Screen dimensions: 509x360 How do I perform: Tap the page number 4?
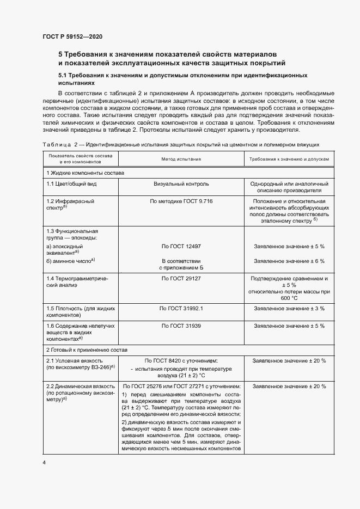[44, 462]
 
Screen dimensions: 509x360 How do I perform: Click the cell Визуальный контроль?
[181, 184]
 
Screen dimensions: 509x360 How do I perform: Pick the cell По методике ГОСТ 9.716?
[181, 201]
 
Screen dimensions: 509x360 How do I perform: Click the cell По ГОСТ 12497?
[181, 246]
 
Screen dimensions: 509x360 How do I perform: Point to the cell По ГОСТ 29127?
[181, 278]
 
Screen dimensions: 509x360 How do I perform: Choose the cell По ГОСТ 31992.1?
[181, 308]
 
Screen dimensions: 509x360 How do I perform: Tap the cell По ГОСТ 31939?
[181, 326]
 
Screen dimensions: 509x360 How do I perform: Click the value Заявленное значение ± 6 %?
[289, 261]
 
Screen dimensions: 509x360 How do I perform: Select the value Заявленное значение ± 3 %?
[289, 308]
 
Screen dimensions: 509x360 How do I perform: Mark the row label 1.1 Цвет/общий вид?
[71, 184]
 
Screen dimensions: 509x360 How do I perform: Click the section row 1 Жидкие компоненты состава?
[85, 173]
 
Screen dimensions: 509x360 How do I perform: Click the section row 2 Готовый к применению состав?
[88, 349]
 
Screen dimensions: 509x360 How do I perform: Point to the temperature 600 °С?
[289, 298]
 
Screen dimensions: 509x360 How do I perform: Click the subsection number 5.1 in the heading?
[63, 76]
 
